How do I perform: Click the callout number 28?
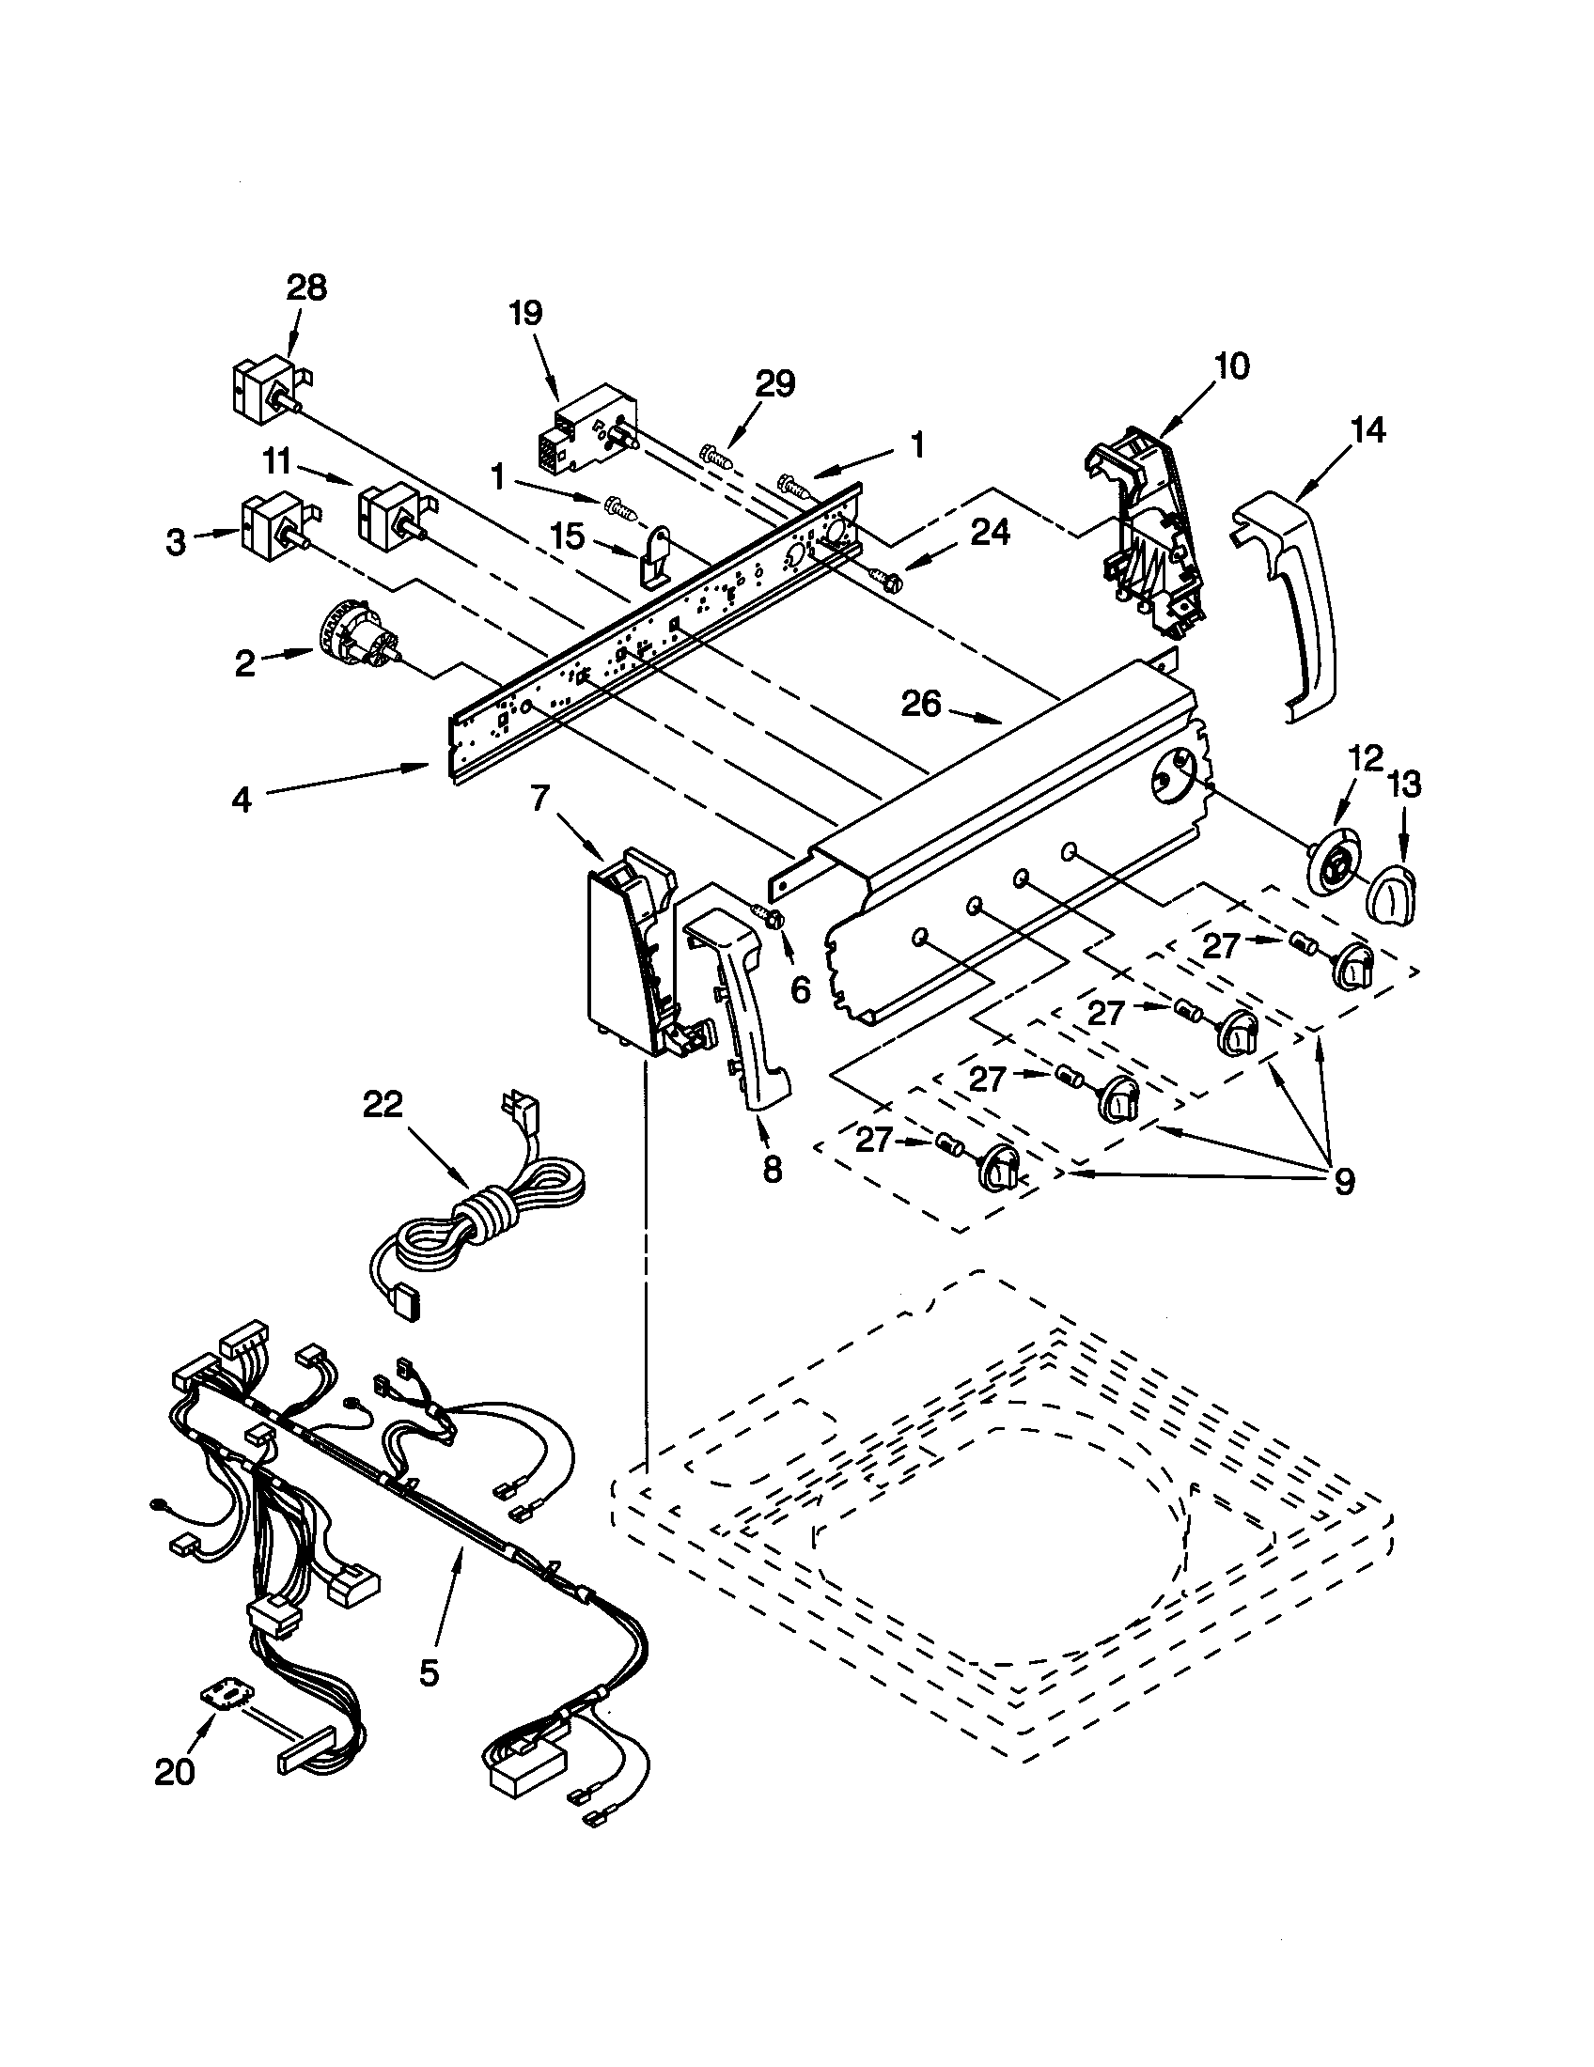pos(305,288)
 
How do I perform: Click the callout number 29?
pos(774,385)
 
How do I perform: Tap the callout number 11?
pos(276,463)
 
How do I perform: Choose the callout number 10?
pos(1231,366)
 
